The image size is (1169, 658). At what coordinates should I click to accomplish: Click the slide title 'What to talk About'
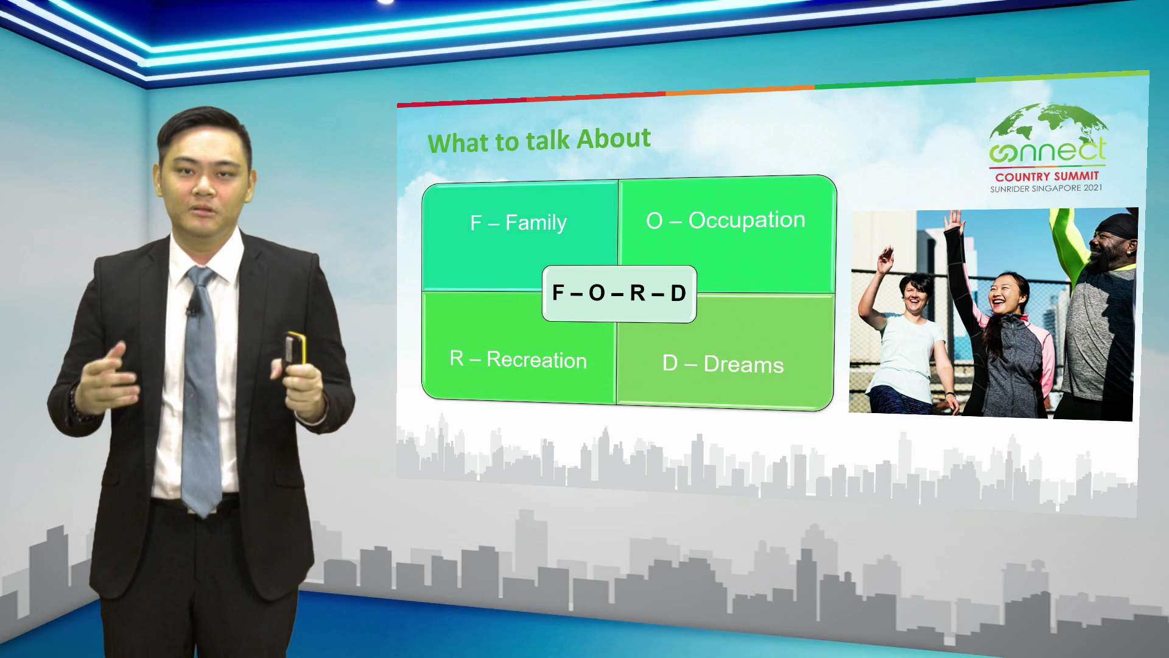(x=539, y=141)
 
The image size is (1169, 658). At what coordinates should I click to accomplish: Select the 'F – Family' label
(x=518, y=222)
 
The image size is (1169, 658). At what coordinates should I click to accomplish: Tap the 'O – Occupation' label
(x=726, y=220)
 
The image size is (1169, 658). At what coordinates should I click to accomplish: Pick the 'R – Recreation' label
(x=518, y=359)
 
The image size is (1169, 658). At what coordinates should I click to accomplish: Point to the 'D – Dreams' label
(x=723, y=364)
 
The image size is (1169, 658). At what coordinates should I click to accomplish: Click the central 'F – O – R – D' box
(x=619, y=294)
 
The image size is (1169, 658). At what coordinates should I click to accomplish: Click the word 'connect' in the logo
(x=1047, y=150)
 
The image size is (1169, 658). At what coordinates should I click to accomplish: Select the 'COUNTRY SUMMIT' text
(x=1047, y=177)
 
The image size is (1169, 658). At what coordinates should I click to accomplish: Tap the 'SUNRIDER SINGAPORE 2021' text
(x=1046, y=188)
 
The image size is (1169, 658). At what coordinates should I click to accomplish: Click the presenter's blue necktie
(x=201, y=390)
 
